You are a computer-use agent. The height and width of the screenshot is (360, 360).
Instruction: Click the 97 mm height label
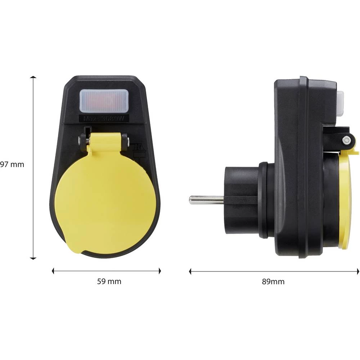12,165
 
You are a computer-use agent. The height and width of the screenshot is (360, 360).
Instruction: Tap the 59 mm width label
109,282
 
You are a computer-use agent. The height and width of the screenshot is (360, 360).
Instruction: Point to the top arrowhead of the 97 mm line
33,78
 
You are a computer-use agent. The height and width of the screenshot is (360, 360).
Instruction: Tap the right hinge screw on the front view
124,138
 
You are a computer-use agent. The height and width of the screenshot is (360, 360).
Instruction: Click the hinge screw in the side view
346,140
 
